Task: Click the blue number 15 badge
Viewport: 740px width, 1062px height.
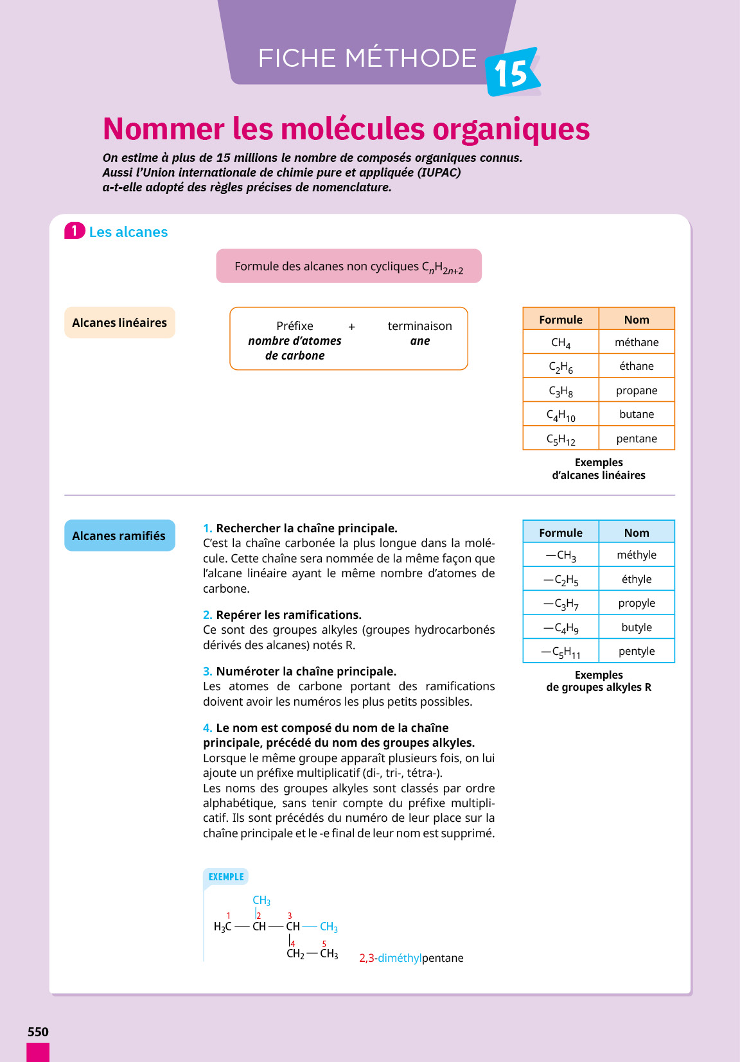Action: pos(511,72)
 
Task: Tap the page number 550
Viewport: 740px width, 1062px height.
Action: pos(38,1032)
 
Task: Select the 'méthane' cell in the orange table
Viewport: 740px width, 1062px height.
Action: pos(637,342)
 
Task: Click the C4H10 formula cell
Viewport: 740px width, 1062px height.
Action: pos(561,415)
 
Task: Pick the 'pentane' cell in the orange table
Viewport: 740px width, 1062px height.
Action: pos(637,439)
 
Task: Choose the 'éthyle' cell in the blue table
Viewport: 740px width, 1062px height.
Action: pos(637,579)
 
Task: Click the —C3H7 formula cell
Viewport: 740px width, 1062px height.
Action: pos(561,604)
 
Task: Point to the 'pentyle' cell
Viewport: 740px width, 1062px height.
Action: pos(637,651)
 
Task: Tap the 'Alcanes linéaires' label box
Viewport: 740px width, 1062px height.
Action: pos(119,322)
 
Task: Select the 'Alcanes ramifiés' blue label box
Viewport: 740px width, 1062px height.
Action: pos(119,535)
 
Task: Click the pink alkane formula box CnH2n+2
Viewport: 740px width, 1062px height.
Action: pos(349,266)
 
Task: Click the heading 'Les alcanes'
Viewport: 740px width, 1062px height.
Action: pos(128,232)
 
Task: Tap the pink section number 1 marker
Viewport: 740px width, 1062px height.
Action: pos(75,231)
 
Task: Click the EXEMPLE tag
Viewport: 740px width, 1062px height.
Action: pos(226,877)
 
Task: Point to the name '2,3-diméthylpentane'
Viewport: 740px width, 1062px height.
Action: pos(411,958)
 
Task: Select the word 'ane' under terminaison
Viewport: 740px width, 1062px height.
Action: pos(420,341)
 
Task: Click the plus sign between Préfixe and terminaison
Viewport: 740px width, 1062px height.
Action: pos(351,327)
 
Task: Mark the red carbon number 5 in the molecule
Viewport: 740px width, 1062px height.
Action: pos(324,944)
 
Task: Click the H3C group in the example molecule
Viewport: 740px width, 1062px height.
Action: pos(222,927)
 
